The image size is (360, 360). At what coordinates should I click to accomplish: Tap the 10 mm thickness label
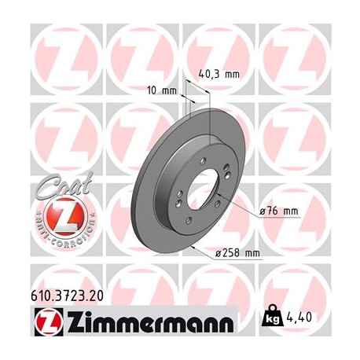[163, 90]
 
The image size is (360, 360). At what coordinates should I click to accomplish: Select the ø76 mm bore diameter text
[280, 211]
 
